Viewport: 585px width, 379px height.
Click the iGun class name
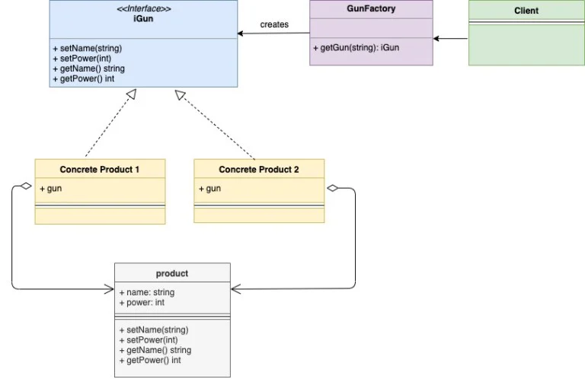pos(143,18)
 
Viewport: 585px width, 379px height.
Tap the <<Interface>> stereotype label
pos(144,8)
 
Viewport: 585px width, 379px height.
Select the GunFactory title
pos(371,8)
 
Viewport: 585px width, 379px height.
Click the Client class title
pos(526,11)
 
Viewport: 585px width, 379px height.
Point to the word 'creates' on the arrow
pos(274,24)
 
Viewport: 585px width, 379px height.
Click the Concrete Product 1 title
pos(100,170)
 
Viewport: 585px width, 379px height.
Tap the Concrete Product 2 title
pos(259,170)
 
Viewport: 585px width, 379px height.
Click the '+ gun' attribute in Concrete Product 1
pos(51,189)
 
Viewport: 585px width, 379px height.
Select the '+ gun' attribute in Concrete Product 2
pos(209,189)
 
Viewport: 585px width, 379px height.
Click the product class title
pos(172,273)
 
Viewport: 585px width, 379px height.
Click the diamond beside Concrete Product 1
pos(26,186)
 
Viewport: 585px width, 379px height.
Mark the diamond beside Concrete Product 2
pos(332,188)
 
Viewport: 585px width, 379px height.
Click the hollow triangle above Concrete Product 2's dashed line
pos(180,95)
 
